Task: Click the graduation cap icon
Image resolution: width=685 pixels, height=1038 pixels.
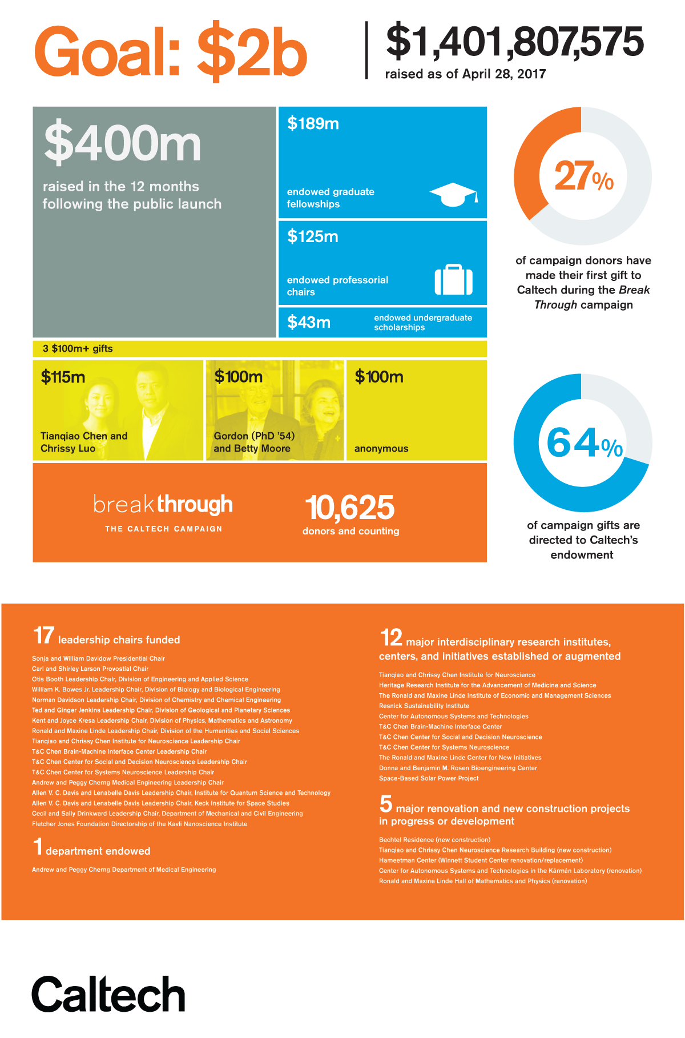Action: pos(453,195)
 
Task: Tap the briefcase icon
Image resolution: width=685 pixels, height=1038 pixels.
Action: pos(454,280)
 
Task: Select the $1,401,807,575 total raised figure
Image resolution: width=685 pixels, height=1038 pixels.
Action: pos(514,42)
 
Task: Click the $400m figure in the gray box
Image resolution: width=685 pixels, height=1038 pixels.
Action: pos(123,143)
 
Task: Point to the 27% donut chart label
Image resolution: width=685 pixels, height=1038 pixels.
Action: pos(583,176)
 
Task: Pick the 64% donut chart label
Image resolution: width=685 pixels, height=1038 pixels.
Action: pos(583,443)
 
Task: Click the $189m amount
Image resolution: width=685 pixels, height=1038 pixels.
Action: pos(313,123)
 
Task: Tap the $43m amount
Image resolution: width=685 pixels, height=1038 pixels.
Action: pos(308,323)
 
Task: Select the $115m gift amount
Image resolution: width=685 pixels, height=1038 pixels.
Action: pos(63,377)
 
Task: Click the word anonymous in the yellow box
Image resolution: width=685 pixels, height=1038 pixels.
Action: pos(381,449)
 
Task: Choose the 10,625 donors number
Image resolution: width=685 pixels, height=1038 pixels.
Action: pos(350,507)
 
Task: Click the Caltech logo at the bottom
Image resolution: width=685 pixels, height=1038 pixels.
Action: pos(108,994)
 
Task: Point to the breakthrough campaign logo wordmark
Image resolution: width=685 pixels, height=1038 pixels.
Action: pos(163,505)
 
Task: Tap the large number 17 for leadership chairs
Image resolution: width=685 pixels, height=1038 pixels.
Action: pos(43,636)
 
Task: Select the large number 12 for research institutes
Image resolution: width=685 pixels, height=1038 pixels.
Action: pos(391,638)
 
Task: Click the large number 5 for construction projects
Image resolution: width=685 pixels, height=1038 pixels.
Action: pos(386,804)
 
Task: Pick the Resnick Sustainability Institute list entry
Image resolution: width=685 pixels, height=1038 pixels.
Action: pos(424,706)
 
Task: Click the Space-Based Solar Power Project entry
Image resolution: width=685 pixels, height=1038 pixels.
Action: pos(429,778)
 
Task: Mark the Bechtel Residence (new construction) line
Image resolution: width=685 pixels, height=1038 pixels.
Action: pos(434,840)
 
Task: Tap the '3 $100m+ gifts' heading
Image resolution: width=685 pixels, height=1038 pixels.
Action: pos(78,349)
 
